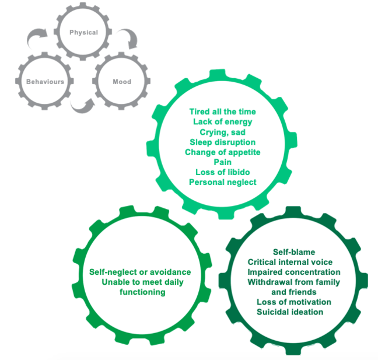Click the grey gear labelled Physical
point(83,33)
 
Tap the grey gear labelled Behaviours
point(45,82)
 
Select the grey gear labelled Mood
point(122,82)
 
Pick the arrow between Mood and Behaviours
point(82,105)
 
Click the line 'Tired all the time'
point(222,111)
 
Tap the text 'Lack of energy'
point(222,121)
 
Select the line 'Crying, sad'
point(222,132)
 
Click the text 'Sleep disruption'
point(222,142)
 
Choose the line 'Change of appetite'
point(222,152)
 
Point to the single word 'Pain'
point(222,162)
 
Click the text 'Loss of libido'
point(222,173)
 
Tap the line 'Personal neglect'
point(222,183)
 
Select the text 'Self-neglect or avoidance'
point(140,272)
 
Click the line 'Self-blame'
point(294,252)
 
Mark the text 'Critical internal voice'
point(294,262)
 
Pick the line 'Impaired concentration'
point(294,272)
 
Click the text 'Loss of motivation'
point(294,302)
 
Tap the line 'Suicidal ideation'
point(294,312)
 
